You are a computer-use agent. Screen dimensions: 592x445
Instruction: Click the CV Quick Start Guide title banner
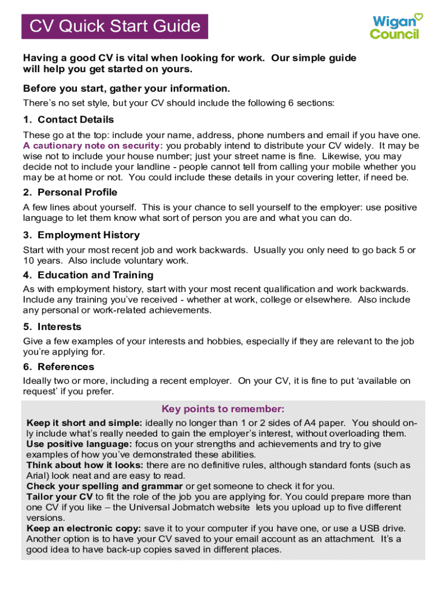[x=115, y=27]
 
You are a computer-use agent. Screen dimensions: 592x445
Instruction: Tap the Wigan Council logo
[x=396, y=27]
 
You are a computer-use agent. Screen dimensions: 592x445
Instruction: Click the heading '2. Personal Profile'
[x=70, y=192]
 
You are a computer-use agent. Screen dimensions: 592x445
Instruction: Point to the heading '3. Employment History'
[x=81, y=235]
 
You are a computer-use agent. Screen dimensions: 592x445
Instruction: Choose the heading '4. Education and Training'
[x=88, y=275]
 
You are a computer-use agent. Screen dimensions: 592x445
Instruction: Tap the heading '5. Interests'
[x=52, y=327]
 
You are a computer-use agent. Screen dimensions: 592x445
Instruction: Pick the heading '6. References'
[x=58, y=367]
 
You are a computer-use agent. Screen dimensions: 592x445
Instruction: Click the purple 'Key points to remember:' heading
[x=223, y=409]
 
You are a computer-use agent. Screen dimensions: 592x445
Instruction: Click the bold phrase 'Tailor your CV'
[x=60, y=497]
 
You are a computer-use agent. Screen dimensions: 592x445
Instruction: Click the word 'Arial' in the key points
[x=38, y=476]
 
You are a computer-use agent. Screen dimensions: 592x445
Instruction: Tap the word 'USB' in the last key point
[x=364, y=528]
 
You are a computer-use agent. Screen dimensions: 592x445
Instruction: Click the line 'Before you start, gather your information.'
[x=127, y=88]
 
